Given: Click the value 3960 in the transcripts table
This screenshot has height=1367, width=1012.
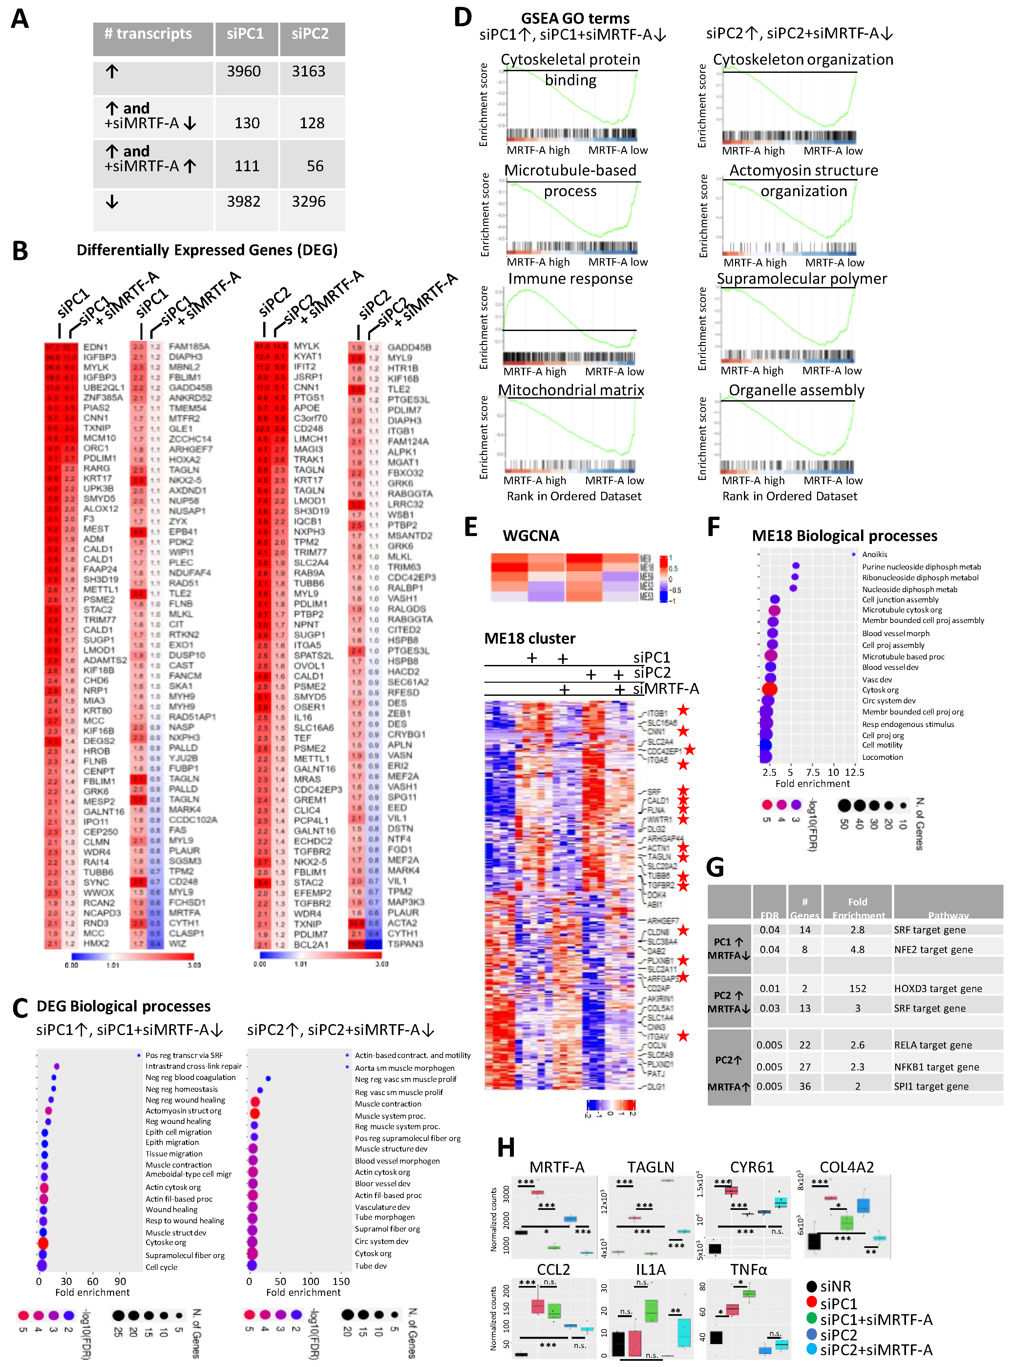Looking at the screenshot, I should pos(244,72).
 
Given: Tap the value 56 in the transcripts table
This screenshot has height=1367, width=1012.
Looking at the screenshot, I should pos(315,166).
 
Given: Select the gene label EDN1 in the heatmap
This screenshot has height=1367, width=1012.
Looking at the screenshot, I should pos(95,347).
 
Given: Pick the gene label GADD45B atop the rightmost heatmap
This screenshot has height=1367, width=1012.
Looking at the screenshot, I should pos(409,347).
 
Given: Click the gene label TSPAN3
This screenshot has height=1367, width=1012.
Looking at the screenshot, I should pos(405,944).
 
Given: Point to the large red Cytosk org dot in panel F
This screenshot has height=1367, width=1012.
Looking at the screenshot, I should pos(770,689).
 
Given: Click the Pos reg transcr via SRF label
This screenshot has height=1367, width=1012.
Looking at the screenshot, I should pos(184,1055).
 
